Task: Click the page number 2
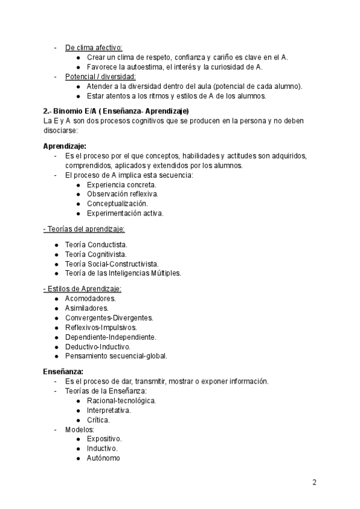314,482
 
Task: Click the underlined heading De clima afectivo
93,47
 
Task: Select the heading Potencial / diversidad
100,77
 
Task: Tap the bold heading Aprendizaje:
65,146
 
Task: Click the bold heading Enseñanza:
63,372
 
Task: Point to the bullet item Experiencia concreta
122,185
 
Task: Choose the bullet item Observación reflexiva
122,194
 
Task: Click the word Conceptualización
117,204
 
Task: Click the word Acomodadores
91,298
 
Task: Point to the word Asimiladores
87,308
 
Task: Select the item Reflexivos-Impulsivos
101,327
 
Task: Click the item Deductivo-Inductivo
98,346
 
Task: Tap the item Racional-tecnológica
121,400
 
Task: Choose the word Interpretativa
109,411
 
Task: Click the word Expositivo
104,439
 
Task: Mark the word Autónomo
103,458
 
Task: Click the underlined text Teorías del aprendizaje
84,229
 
